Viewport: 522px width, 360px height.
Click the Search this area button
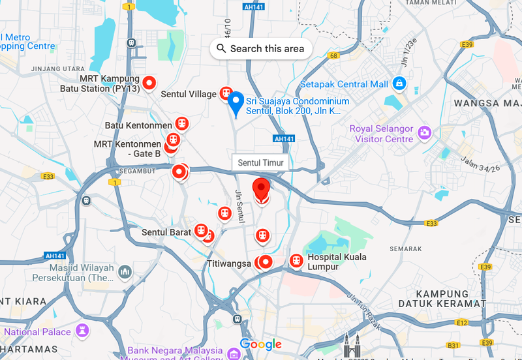[x=260, y=48]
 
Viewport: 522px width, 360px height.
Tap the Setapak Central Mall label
[x=344, y=84]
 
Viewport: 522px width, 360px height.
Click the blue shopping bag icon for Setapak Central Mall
[x=399, y=83]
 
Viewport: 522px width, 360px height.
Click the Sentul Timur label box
[x=260, y=162]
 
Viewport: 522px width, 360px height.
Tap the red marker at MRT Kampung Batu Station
[x=149, y=83]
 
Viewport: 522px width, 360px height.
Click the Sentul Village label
[x=189, y=95]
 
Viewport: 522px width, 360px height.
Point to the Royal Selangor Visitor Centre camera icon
[x=425, y=132]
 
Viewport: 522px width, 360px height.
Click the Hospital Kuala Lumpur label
[x=337, y=262]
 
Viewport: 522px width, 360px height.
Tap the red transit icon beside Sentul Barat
[x=200, y=232]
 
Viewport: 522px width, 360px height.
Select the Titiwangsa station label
[x=228, y=263]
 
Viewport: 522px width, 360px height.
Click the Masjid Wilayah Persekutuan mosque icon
[x=125, y=271]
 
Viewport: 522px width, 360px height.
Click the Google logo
[x=260, y=344]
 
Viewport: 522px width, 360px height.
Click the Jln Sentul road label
[x=239, y=206]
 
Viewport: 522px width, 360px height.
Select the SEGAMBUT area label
[x=138, y=172]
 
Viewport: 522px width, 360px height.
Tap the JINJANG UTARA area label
[x=54, y=68]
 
